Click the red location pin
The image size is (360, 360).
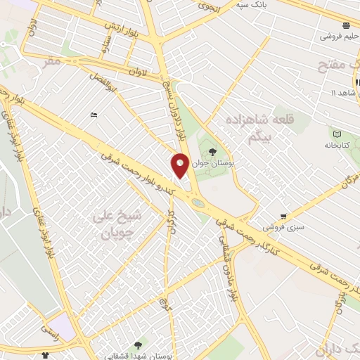(180, 165)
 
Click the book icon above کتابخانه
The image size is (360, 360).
(337, 134)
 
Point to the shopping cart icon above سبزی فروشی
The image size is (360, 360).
(283, 216)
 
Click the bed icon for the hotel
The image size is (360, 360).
(94, 115)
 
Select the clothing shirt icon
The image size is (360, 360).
(46, 355)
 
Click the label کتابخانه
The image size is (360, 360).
(337, 145)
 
